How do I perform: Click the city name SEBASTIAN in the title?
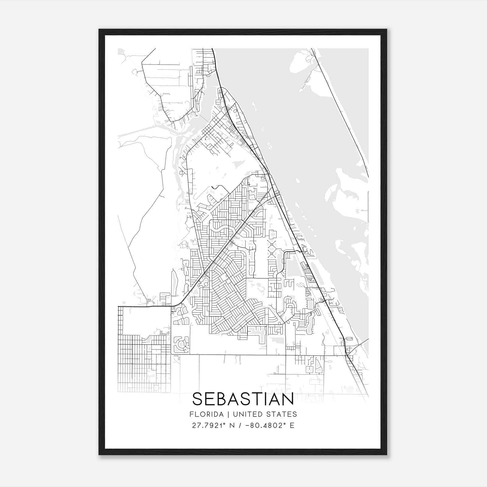[243, 399]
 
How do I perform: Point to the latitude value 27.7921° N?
[213, 426]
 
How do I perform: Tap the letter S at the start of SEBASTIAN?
[198, 399]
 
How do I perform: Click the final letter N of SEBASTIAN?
[288, 399]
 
